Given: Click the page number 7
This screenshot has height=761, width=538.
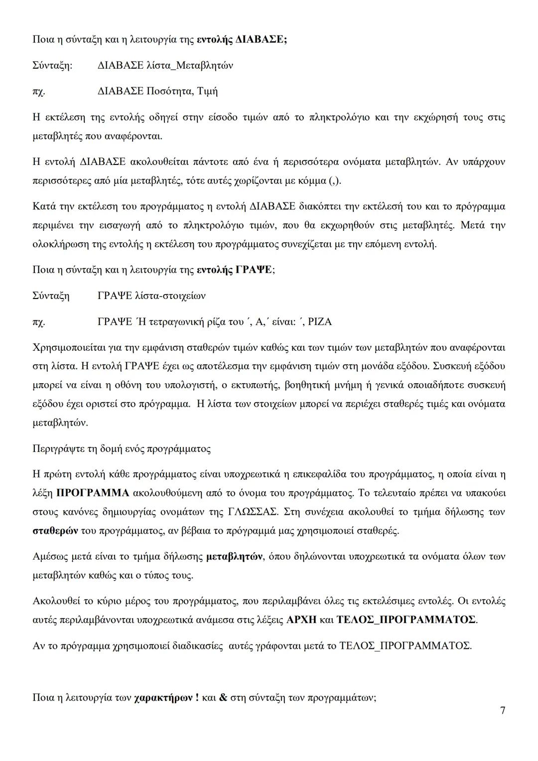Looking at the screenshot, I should click(502, 711).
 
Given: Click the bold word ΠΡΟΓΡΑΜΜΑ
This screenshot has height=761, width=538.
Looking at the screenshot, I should click(93, 493).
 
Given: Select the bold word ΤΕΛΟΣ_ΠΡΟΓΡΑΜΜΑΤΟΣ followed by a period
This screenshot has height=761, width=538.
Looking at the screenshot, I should click(406, 620).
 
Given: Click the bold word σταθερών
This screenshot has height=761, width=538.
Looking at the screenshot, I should click(55, 531).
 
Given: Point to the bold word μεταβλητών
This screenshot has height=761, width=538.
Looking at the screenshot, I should click(234, 557).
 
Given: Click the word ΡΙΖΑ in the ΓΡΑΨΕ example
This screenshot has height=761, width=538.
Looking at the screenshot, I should click(320, 322).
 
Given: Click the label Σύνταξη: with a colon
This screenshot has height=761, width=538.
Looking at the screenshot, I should click(52, 65).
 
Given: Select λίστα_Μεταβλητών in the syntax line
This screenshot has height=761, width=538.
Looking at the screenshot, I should click(189, 65).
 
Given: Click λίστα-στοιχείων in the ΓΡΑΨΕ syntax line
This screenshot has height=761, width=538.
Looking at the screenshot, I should click(170, 296).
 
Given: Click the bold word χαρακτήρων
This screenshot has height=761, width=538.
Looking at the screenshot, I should click(164, 698).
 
